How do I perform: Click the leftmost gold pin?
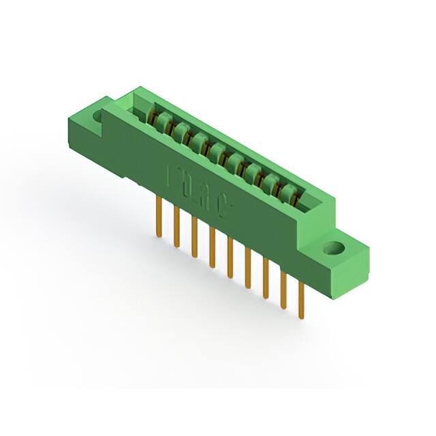[x=159, y=217]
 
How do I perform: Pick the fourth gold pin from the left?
[x=212, y=247]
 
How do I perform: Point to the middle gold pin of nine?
[x=230, y=257]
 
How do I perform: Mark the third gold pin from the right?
[x=265, y=277]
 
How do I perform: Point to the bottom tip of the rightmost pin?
[x=301, y=317]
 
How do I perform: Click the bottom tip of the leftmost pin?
[x=159, y=236]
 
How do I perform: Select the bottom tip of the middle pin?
[x=230, y=277]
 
